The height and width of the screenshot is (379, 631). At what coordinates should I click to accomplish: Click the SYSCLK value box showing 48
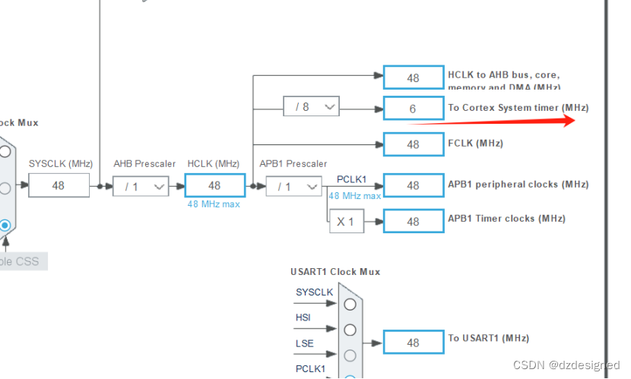pyautogui.click(x=59, y=185)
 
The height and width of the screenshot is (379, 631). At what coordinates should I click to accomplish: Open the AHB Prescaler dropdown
pyautogui.click(x=141, y=186)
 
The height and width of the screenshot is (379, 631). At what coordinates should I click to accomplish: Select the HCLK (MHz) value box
pyautogui.click(x=214, y=185)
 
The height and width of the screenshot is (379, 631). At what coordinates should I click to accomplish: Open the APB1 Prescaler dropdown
pyautogui.click(x=293, y=186)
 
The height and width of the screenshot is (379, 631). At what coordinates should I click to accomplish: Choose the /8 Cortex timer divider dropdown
pyautogui.click(x=311, y=107)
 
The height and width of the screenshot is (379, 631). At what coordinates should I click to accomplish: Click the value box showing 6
pyautogui.click(x=413, y=108)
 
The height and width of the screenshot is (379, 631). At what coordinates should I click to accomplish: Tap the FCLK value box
pyautogui.click(x=413, y=144)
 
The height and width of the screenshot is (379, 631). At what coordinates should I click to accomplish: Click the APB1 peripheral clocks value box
pyautogui.click(x=413, y=185)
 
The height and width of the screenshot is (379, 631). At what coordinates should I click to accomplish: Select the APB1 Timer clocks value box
pyautogui.click(x=413, y=221)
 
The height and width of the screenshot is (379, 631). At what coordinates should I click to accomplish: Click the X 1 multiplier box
pyautogui.click(x=346, y=221)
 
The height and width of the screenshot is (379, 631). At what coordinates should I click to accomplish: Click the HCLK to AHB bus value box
pyautogui.click(x=413, y=77)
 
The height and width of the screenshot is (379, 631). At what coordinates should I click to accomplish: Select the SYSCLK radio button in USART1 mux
pyautogui.click(x=350, y=305)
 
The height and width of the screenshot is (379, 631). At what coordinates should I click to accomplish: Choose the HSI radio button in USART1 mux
pyautogui.click(x=350, y=330)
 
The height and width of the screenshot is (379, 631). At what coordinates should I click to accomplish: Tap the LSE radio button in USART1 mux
pyautogui.click(x=350, y=355)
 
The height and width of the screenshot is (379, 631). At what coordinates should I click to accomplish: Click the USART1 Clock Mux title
pyautogui.click(x=335, y=272)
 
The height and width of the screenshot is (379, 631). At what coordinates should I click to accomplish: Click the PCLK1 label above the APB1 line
pyautogui.click(x=351, y=179)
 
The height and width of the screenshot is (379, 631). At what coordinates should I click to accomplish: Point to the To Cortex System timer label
pyautogui.click(x=518, y=108)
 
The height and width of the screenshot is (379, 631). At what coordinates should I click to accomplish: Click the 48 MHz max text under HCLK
pyautogui.click(x=214, y=204)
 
